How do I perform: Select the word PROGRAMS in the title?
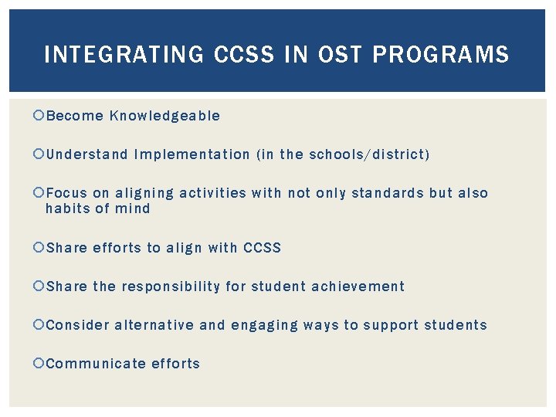coord(441,55)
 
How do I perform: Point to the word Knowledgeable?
coord(164,116)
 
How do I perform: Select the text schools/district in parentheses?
coord(367,154)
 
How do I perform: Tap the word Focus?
coord(66,193)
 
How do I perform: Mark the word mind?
coord(132,208)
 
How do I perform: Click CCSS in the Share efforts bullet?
coord(262,248)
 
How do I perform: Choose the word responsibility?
coord(171,286)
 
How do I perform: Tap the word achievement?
coord(358,286)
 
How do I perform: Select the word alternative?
coord(154,325)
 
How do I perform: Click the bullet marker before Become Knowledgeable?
coord(40,116)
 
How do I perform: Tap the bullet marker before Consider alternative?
coord(40,325)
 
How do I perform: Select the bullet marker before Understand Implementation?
coord(40,154)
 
